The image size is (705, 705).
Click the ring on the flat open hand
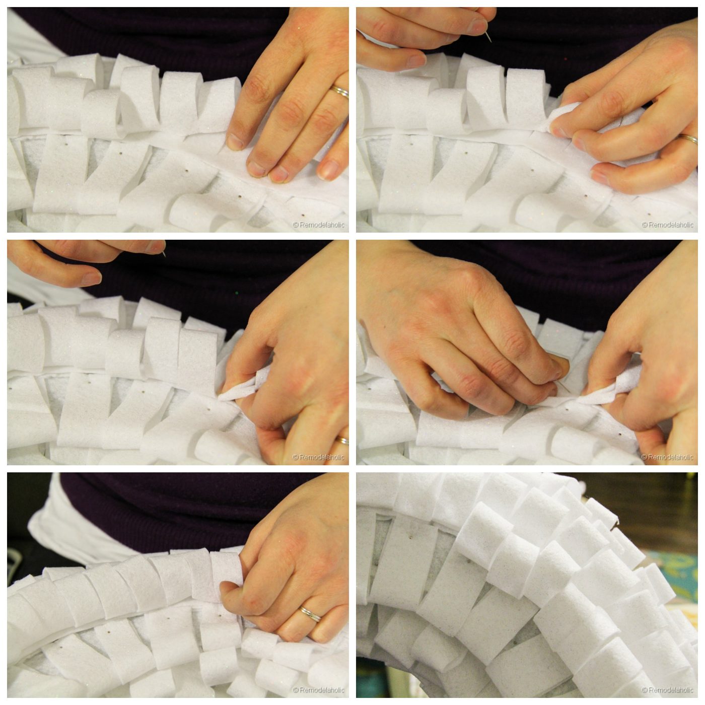point(340,92)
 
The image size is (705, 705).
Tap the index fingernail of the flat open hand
point(235,141)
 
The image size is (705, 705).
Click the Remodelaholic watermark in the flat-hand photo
point(318,225)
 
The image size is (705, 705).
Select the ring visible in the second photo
point(688,138)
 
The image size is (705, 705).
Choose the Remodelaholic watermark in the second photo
point(667,225)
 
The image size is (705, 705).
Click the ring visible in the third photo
point(343,440)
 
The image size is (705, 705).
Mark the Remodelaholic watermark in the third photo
point(318,457)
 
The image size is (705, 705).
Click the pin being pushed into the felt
point(561,386)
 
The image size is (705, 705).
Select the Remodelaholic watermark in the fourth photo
point(667,457)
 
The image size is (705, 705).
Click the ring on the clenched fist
point(310,613)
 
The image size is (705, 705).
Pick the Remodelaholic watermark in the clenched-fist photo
point(318,690)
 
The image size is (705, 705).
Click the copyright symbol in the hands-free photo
point(644,690)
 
